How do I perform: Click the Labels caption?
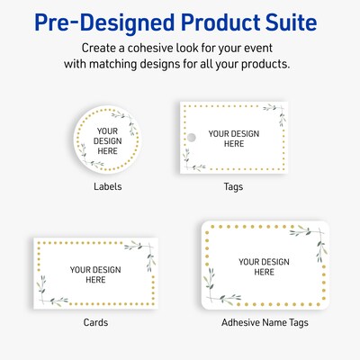click(107, 187)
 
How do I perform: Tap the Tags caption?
click(234, 187)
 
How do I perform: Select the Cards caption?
click(95, 321)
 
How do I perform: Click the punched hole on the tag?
click(190, 138)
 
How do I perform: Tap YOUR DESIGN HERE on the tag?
click(234, 139)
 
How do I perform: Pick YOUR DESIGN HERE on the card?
click(95, 274)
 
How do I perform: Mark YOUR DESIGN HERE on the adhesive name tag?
click(263, 266)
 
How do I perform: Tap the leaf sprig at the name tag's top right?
click(310, 243)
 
